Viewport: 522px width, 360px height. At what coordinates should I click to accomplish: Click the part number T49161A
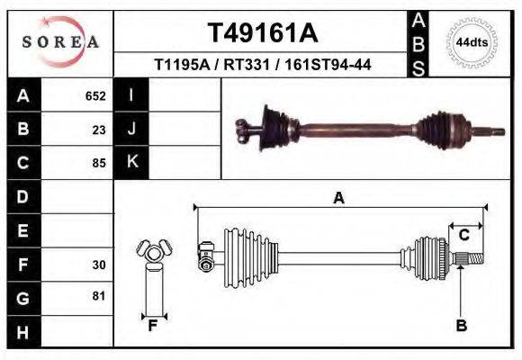[263, 33]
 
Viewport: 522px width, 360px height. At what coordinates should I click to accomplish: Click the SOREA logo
[60, 42]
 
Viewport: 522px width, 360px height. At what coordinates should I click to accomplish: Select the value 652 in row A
[95, 95]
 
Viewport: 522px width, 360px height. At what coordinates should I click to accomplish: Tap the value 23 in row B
[99, 129]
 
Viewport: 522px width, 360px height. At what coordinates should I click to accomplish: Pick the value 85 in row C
[99, 163]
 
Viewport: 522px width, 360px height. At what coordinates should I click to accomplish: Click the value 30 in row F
[99, 265]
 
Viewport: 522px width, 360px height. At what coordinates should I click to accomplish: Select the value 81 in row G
[99, 296]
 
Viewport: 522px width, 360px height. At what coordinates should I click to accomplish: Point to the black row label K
[131, 162]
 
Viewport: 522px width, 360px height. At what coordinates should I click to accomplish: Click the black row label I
[131, 94]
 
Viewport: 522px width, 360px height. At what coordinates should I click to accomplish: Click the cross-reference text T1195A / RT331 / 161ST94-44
[263, 66]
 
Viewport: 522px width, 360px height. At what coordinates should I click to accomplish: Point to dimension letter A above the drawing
[339, 198]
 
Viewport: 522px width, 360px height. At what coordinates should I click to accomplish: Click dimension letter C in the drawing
[464, 235]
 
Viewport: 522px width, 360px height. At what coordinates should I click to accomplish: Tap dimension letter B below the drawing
[461, 326]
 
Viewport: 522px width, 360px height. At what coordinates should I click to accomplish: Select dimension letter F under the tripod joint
[153, 326]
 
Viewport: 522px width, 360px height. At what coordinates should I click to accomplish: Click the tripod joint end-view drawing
[153, 253]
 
